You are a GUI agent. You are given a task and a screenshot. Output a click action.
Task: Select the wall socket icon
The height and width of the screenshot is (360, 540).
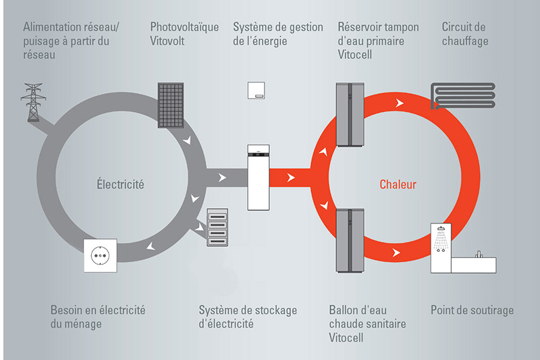tap(101, 255)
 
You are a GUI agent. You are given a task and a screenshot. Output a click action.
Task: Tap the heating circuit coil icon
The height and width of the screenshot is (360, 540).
tap(463, 95)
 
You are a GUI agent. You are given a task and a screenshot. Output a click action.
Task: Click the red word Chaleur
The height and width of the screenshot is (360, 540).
tap(398, 184)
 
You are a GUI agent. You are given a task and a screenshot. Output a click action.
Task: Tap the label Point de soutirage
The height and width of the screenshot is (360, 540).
tap(472, 310)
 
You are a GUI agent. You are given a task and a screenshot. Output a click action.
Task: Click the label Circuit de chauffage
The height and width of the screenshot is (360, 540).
tap(465, 34)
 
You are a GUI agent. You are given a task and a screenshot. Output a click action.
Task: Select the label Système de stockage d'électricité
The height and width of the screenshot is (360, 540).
tap(248, 317)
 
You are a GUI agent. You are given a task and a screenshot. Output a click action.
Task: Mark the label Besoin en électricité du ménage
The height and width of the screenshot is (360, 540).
tap(98, 317)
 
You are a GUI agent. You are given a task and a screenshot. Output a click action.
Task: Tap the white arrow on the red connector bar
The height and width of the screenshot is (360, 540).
tap(291, 178)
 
